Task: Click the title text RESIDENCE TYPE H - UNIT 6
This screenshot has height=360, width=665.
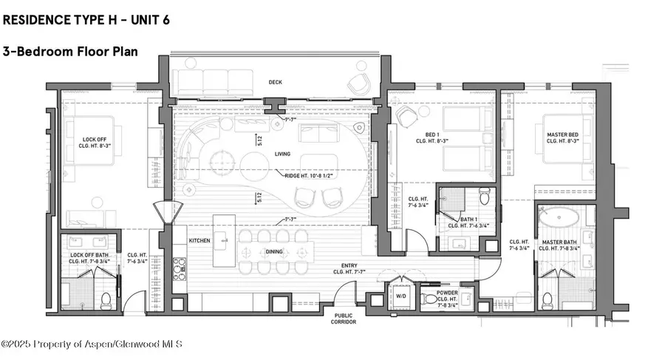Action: click(x=86, y=20)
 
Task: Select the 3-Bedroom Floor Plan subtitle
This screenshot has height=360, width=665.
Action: click(x=71, y=52)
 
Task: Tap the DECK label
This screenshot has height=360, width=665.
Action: click(x=275, y=83)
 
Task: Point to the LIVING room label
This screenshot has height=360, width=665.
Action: click(x=282, y=154)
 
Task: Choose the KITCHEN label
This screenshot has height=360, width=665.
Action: click(x=199, y=242)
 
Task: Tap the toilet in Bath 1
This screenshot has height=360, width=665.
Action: click(x=484, y=196)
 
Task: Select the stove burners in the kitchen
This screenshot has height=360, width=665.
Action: click(x=178, y=268)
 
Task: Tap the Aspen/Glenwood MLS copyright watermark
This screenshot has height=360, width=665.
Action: click(x=92, y=344)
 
